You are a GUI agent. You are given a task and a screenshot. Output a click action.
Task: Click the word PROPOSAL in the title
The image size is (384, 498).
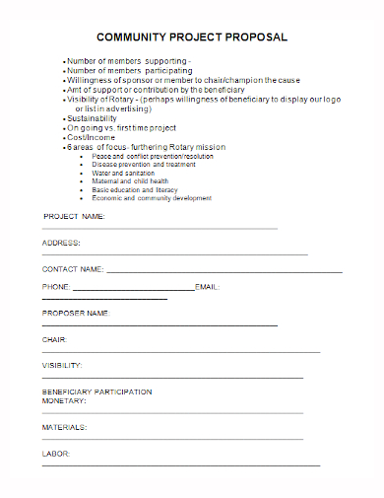(x=255, y=37)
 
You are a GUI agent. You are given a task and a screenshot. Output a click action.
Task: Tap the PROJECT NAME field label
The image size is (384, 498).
(x=74, y=216)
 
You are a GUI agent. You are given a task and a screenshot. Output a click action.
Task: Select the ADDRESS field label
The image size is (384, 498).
(x=61, y=243)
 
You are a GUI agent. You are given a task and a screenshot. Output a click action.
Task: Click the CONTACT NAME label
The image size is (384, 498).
(x=72, y=268)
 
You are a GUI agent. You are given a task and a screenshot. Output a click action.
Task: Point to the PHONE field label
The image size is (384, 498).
(x=55, y=287)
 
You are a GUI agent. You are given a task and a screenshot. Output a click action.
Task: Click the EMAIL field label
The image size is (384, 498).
(x=206, y=287)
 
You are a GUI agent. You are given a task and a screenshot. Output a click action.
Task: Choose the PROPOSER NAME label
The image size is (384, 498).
(x=75, y=313)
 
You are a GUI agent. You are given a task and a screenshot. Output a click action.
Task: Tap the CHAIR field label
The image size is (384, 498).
(x=53, y=339)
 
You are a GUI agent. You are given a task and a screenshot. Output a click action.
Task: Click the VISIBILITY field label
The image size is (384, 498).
(x=61, y=366)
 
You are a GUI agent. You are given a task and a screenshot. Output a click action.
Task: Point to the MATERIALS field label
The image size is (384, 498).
(x=64, y=427)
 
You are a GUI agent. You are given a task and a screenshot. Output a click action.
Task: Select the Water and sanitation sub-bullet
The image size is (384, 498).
(x=126, y=173)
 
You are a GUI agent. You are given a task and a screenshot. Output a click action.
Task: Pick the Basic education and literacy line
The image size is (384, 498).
(x=135, y=189)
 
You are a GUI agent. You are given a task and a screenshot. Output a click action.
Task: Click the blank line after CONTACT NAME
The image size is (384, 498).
(x=224, y=270)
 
